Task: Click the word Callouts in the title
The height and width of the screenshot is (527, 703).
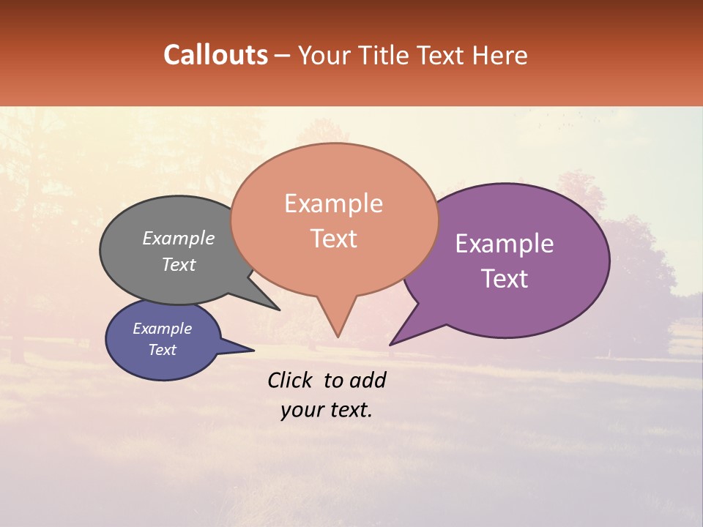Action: coord(215,55)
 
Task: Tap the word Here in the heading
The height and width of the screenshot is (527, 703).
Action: coord(500,55)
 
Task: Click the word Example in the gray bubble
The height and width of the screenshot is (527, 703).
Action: coord(179,239)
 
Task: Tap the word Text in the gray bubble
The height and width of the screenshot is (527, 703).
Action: coord(179,264)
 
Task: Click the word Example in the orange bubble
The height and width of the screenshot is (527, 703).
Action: coord(333,203)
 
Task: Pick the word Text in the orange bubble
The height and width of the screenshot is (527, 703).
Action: coord(333,239)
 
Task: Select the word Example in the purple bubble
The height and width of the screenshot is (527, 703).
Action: coord(505,244)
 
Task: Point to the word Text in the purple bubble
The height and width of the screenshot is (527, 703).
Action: coord(505,278)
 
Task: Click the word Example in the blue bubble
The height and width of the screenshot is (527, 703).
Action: coord(162,329)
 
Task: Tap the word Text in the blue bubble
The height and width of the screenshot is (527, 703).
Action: coord(162,350)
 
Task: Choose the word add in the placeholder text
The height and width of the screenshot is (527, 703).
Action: coord(368,380)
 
